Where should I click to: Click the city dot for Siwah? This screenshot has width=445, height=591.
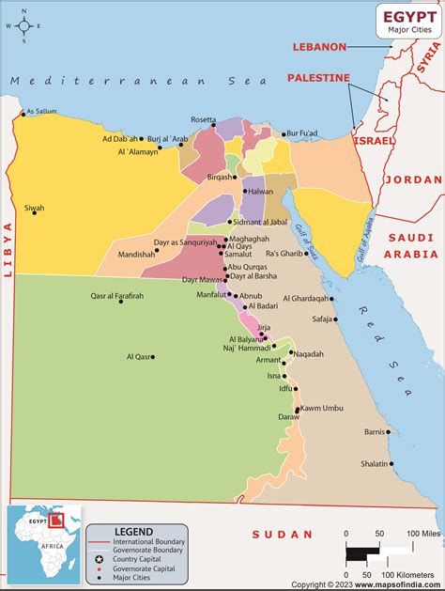[x=35, y=212]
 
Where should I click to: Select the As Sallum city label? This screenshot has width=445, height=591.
[x=41, y=111]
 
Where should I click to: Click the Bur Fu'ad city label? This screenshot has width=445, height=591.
[x=305, y=133]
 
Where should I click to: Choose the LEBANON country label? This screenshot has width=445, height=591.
[x=319, y=46]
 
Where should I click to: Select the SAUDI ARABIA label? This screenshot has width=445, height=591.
[x=414, y=246]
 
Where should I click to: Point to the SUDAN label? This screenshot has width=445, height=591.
[x=282, y=534]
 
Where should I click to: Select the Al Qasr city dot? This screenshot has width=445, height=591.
[x=154, y=357]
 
